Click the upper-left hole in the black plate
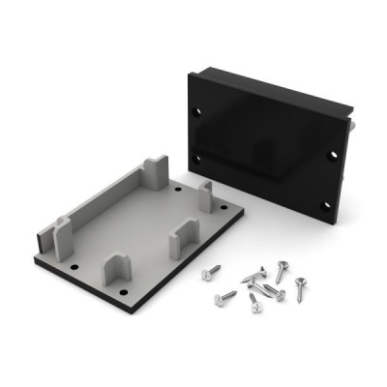[201, 112]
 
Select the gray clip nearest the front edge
[117, 266]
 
